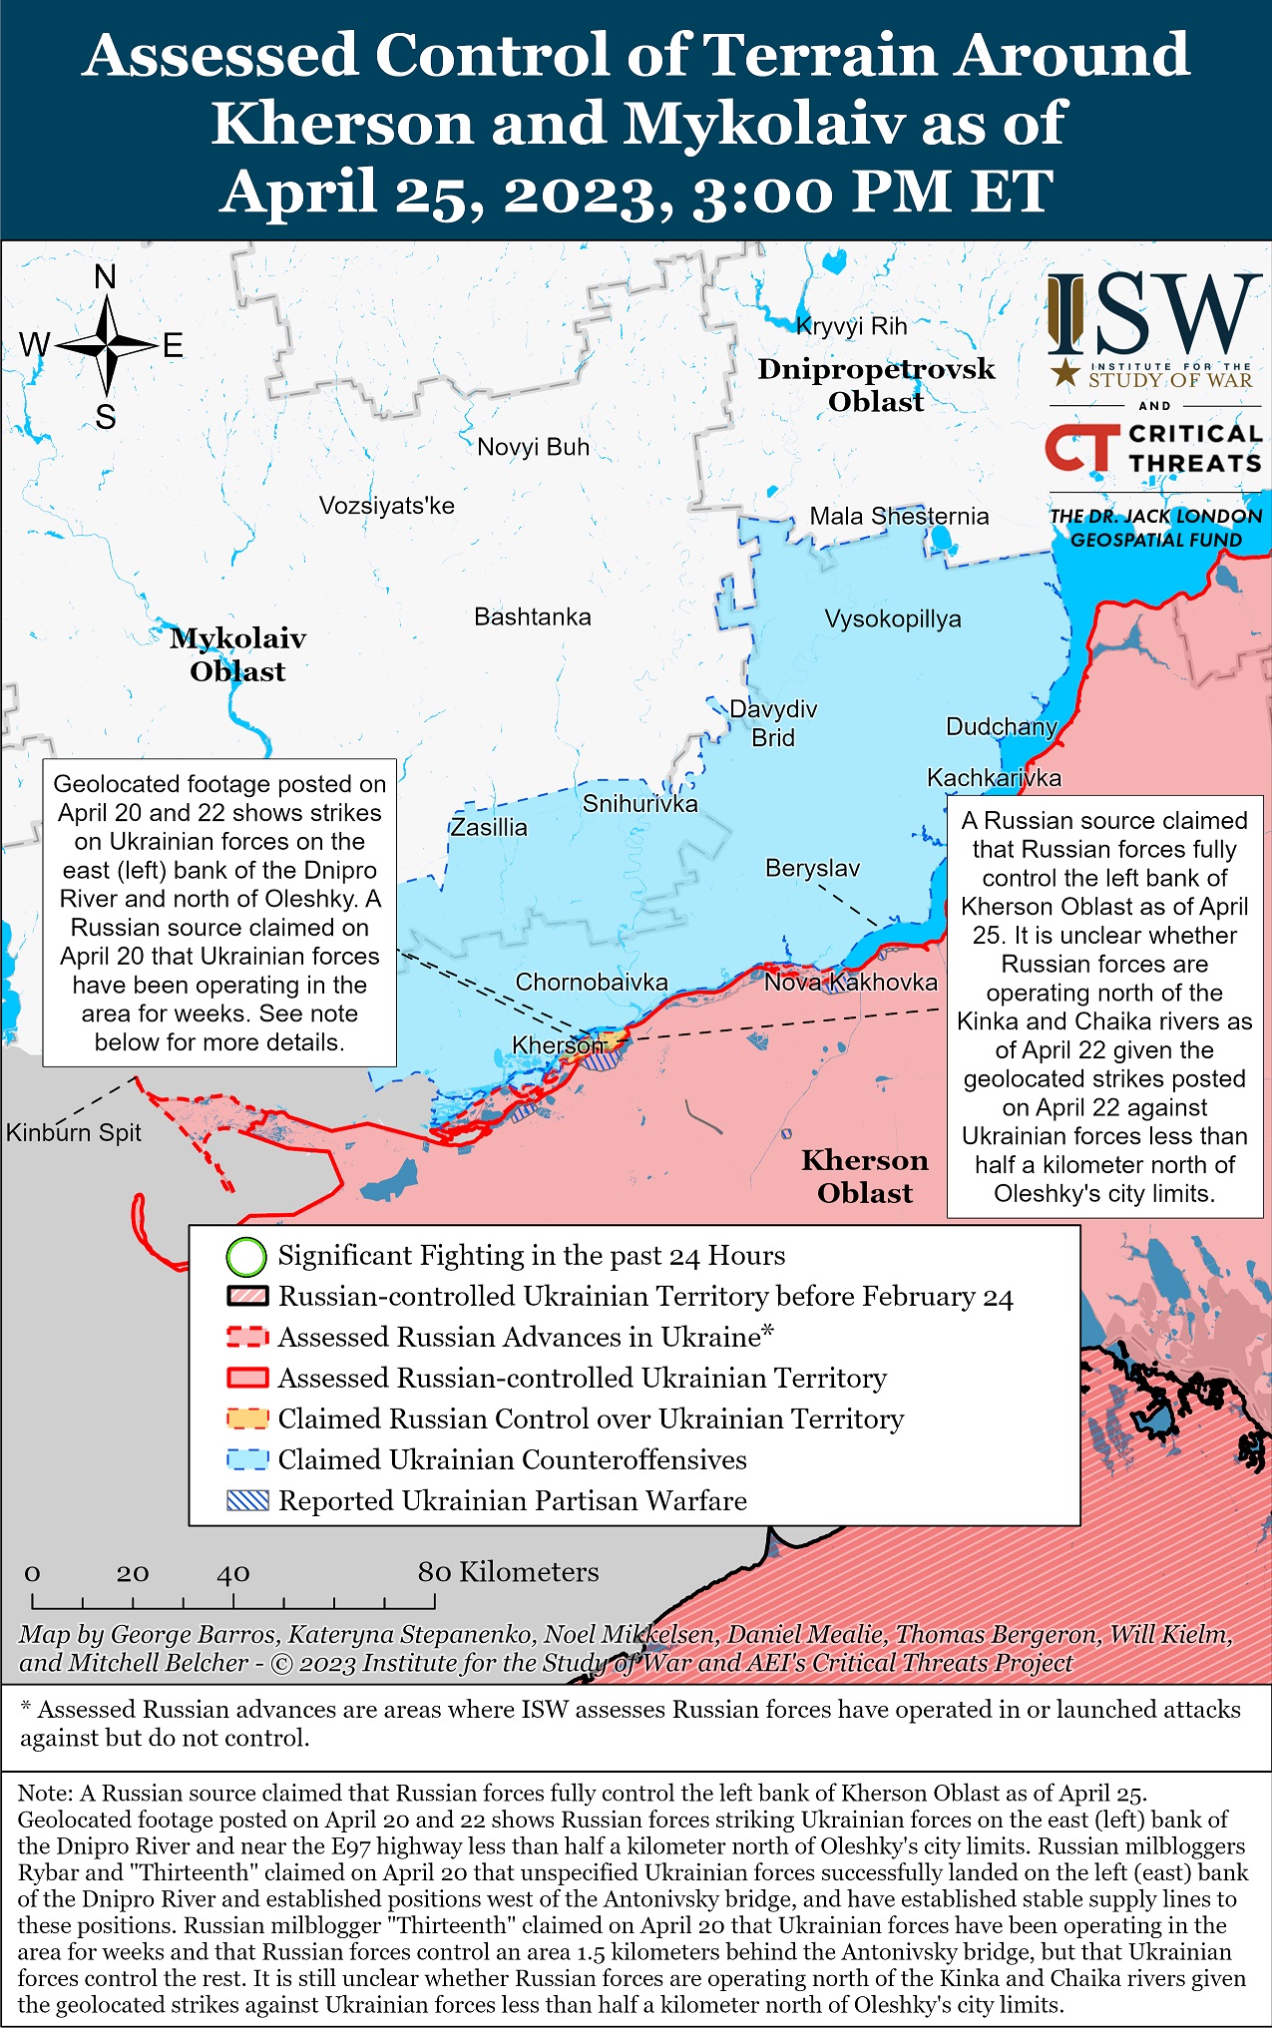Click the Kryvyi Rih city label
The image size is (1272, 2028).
tap(851, 326)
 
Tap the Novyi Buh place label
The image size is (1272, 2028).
tap(533, 447)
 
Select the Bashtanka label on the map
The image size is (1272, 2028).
tap(532, 617)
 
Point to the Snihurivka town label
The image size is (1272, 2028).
tap(639, 804)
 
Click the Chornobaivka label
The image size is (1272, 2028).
tap(591, 983)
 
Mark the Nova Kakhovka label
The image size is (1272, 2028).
tap(850, 983)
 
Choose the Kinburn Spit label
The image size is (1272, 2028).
tap(73, 1133)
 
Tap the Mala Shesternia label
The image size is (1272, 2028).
tap(899, 517)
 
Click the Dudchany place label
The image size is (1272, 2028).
tap(1001, 727)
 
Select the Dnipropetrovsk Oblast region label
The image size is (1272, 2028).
tap(876, 385)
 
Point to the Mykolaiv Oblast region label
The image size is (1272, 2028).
tap(237, 654)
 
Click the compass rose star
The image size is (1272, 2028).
tap(107, 346)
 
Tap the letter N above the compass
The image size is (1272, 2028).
tap(105, 277)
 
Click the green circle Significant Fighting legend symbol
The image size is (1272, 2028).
tap(246, 1257)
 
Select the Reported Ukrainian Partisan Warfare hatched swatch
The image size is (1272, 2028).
tap(246, 1501)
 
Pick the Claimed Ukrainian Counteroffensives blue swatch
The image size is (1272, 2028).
tap(246, 1460)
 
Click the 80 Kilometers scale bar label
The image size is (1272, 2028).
tap(508, 1573)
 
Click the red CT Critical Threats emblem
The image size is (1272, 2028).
tap(1077, 449)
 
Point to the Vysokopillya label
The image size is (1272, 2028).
tap(892, 619)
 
